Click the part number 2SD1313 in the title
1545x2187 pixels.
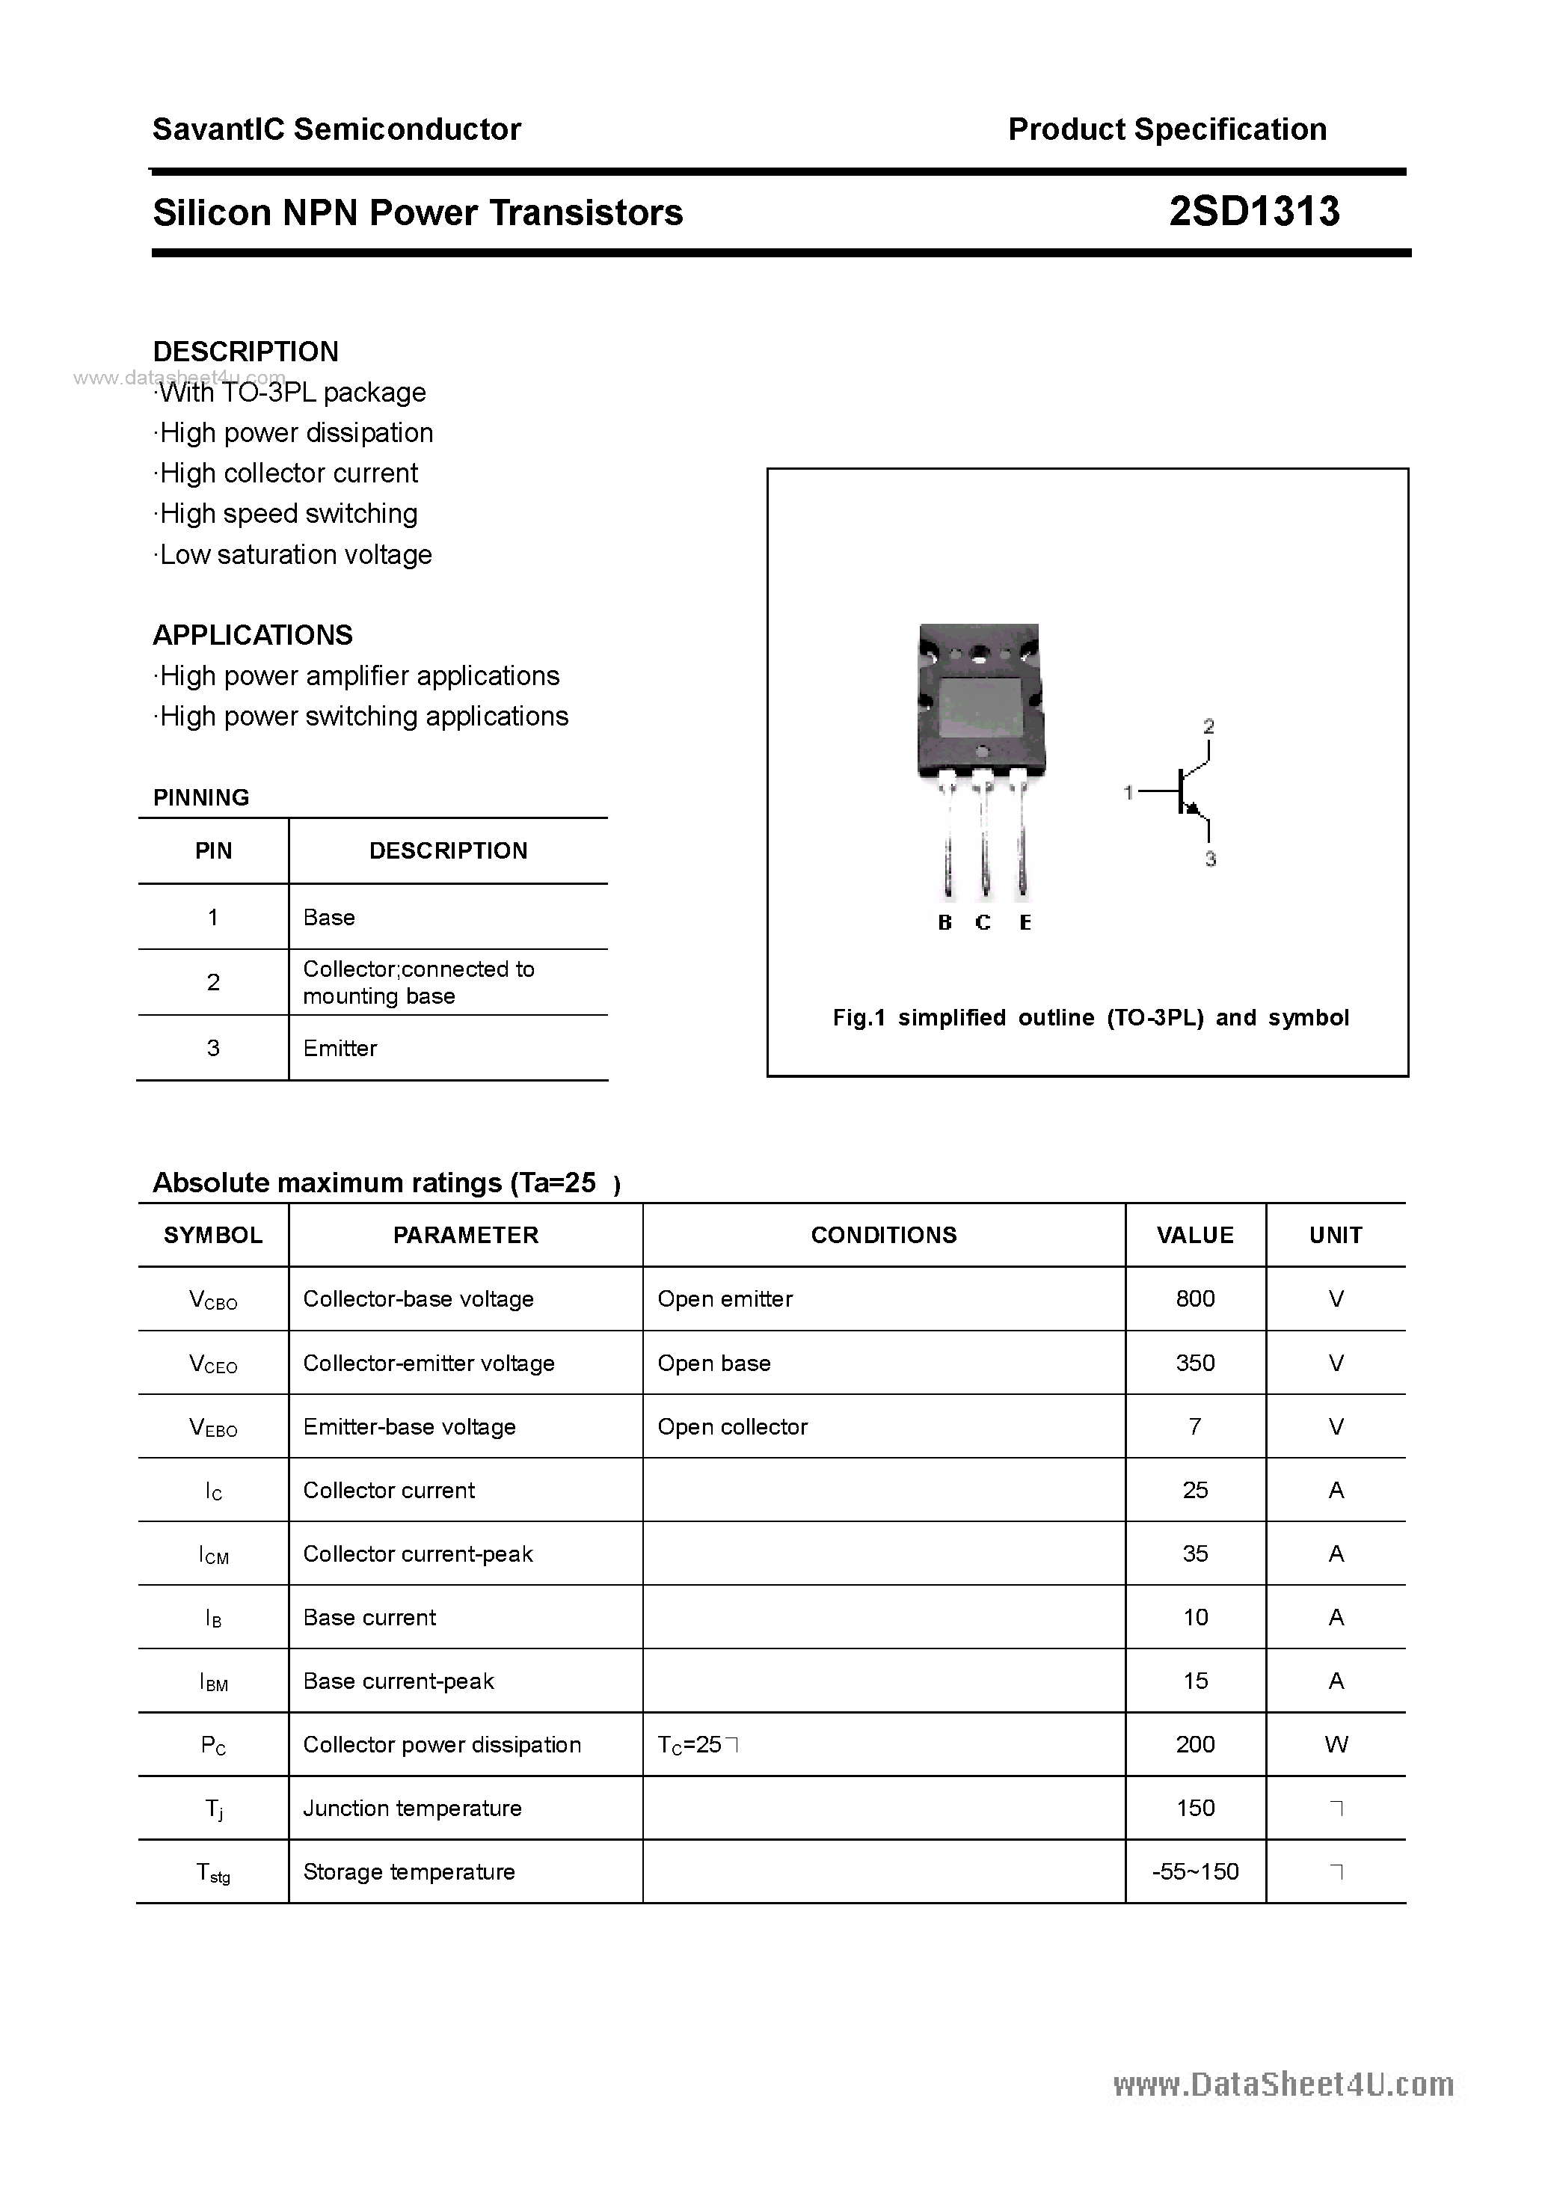coord(1253,212)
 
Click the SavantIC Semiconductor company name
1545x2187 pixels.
coord(337,129)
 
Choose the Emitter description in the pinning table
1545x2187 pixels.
coord(340,1048)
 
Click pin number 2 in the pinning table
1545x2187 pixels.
coord(212,982)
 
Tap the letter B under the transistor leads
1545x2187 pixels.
coord(945,922)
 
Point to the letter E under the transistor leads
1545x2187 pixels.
coord(1025,922)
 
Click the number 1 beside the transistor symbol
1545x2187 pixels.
coord(1128,791)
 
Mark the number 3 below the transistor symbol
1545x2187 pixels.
coord(1210,859)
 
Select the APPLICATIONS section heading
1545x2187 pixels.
coord(253,635)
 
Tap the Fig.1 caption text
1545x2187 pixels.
coord(1090,1017)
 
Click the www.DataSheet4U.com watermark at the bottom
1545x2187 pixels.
coord(1283,2085)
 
